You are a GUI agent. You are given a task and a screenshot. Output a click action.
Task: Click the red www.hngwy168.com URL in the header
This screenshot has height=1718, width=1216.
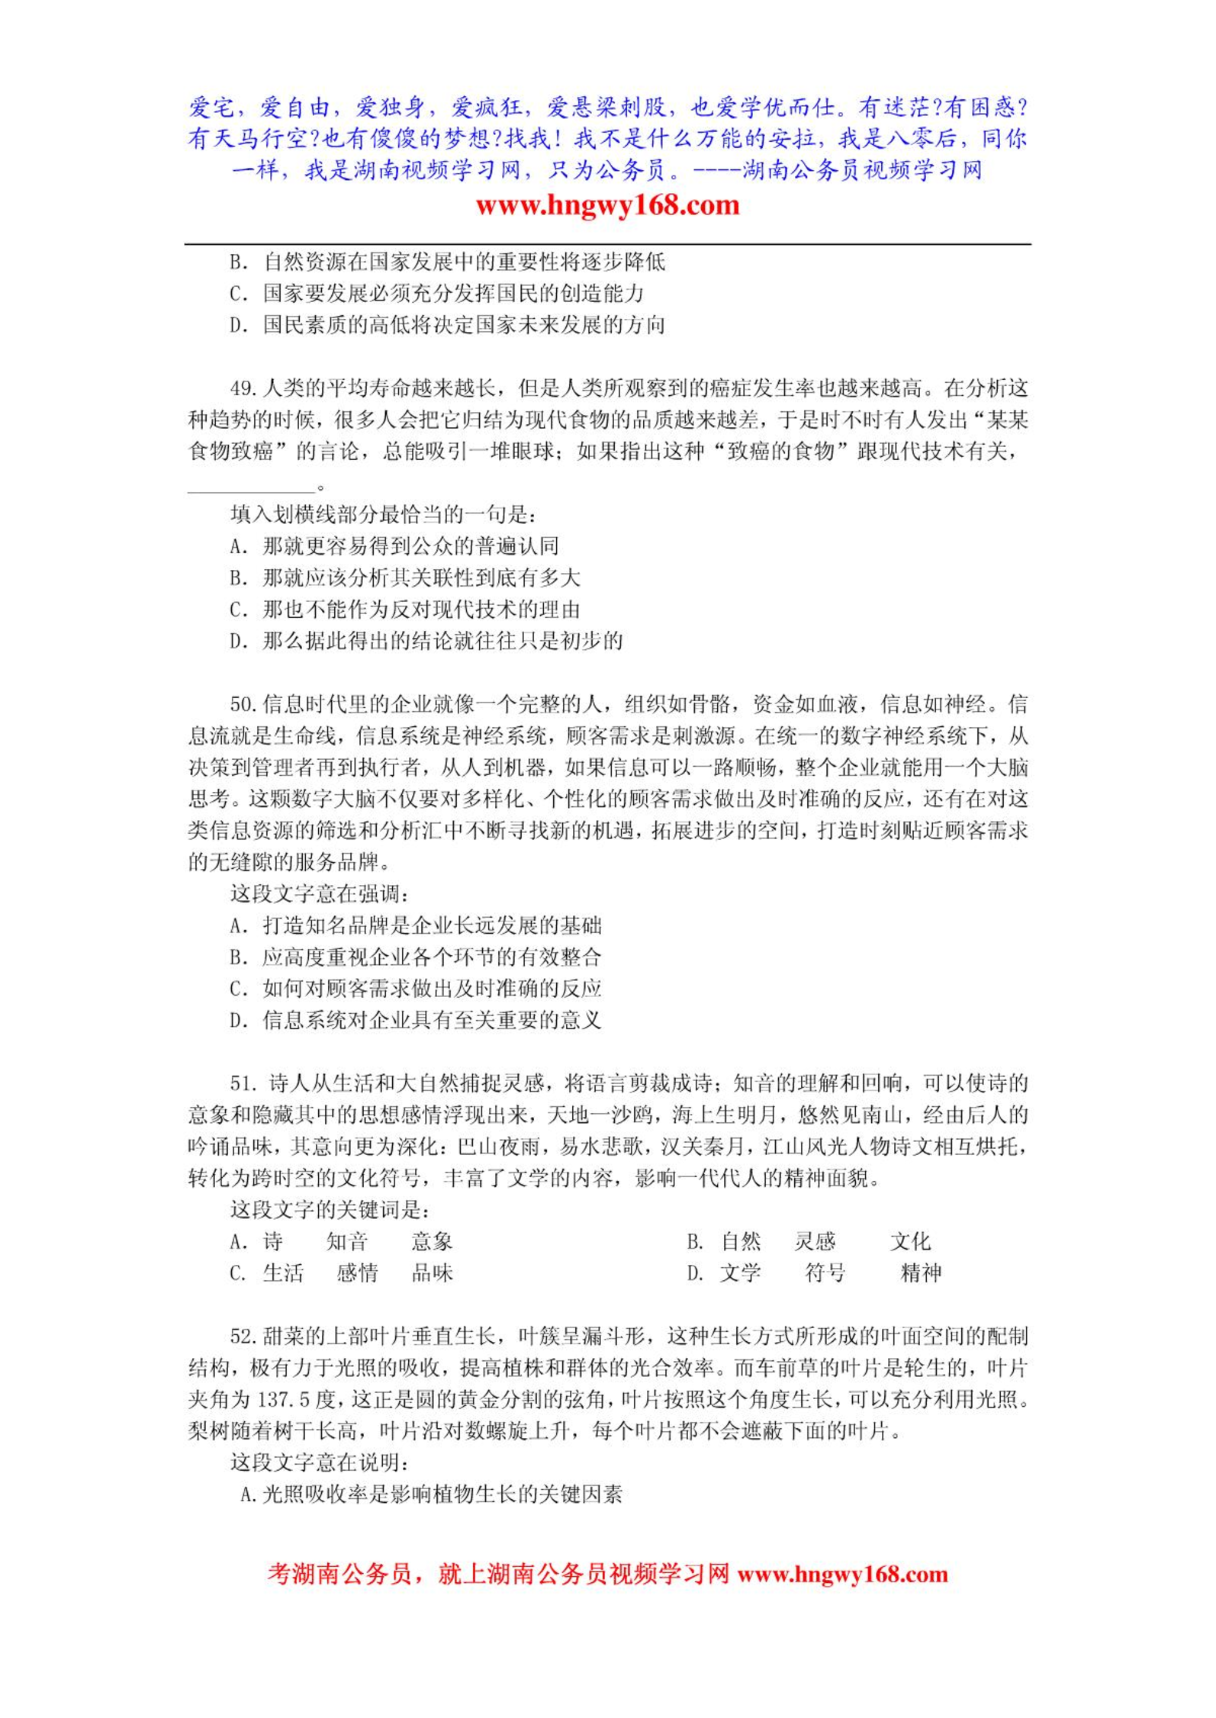[x=607, y=205]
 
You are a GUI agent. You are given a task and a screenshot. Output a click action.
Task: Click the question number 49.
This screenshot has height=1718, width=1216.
[x=243, y=389]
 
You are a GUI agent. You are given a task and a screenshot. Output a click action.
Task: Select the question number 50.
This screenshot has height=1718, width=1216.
[x=243, y=704]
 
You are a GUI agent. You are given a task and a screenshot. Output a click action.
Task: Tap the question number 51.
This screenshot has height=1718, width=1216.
[x=243, y=1083]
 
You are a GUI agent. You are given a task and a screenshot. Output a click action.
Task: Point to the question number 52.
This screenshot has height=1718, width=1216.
[x=243, y=1337]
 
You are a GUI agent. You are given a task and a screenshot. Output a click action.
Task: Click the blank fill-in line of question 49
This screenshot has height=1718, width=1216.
[x=251, y=486]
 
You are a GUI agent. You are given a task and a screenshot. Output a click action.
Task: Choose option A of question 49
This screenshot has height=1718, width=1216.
[x=394, y=546]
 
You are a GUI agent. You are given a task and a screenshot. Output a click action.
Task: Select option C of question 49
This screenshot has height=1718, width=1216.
[x=405, y=610]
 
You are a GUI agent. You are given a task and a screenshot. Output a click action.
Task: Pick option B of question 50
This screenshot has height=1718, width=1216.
[x=416, y=957]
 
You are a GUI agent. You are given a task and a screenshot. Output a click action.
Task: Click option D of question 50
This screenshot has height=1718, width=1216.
[x=416, y=1020]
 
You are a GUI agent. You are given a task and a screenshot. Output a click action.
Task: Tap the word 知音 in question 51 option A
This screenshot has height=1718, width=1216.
[x=347, y=1242]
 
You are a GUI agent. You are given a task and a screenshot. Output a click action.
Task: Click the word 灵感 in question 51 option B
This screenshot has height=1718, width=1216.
[x=815, y=1242]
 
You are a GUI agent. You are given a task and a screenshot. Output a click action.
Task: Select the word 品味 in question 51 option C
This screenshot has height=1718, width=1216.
[x=433, y=1273]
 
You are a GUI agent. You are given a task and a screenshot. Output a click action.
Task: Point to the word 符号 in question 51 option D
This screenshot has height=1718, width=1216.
[x=825, y=1273]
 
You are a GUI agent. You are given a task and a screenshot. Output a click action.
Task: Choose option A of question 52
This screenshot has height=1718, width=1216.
[x=431, y=1494]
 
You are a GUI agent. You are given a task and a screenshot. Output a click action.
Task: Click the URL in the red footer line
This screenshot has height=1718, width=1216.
[x=842, y=1591]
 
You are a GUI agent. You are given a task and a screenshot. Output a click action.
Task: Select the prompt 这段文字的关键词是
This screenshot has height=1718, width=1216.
[x=330, y=1210]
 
